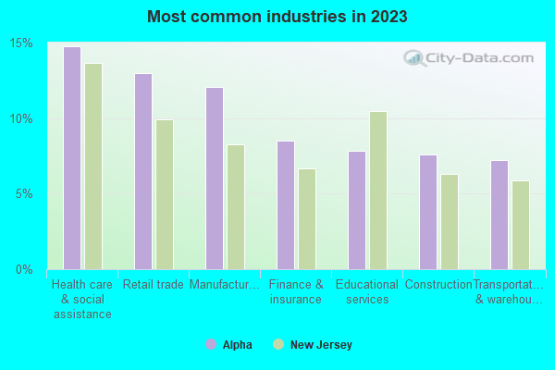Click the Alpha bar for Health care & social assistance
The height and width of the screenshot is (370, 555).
click(71, 158)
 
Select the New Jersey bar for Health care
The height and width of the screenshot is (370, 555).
click(92, 166)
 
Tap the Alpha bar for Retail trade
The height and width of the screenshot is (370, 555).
click(142, 171)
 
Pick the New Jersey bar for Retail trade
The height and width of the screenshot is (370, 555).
click(164, 194)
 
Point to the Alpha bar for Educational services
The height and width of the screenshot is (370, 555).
click(356, 210)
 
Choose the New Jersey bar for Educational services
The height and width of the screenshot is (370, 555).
click(377, 191)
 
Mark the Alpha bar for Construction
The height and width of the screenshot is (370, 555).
click(427, 212)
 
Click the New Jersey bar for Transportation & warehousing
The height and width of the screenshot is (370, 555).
click(520, 225)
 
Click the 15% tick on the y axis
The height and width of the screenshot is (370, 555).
click(21, 43)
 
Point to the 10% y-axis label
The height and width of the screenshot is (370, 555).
click(21, 119)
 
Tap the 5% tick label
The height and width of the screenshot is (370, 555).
click(24, 194)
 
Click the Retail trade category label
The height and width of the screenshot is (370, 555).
click(153, 285)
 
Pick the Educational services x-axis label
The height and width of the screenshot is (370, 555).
click(366, 292)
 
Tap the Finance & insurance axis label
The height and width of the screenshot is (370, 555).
click(295, 292)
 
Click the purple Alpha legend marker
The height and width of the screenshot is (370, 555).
click(210, 345)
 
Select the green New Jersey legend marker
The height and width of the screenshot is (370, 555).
click(278, 345)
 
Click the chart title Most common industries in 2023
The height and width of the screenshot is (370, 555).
click(277, 18)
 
